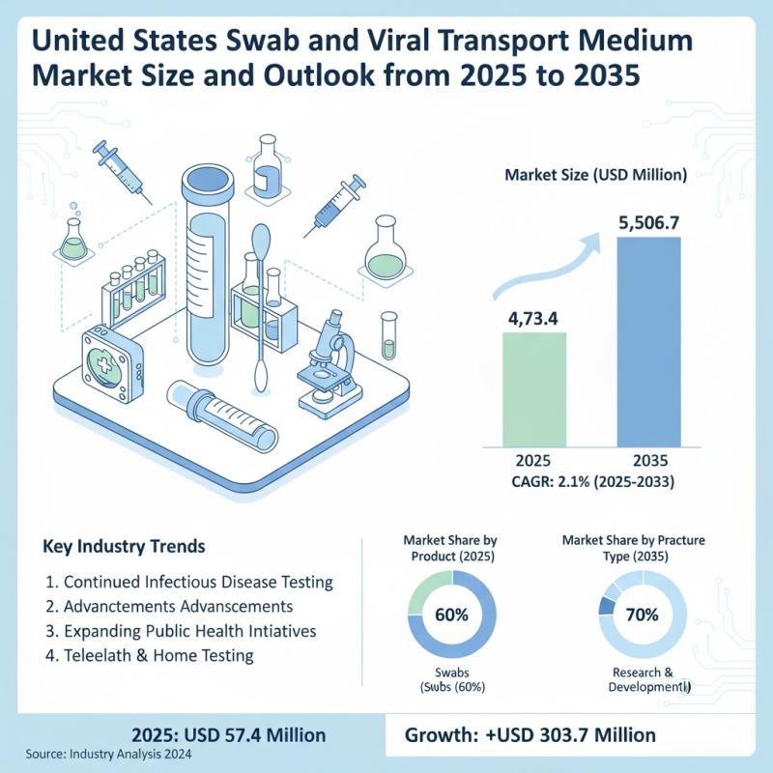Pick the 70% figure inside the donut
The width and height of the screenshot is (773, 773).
point(643,615)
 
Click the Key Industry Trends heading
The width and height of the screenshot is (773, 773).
point(125,547)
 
